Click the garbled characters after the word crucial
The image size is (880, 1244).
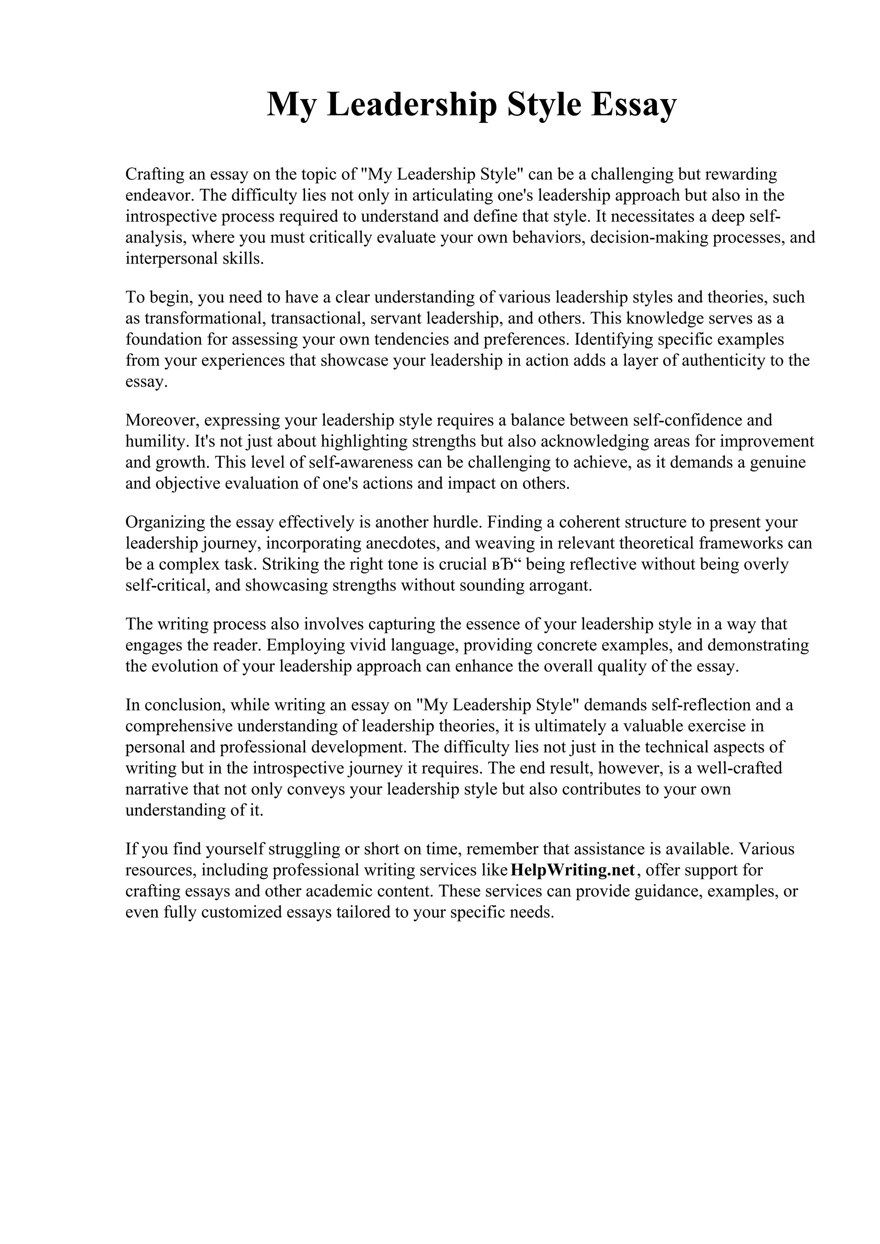tap(506, 564)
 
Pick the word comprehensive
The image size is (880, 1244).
tap(179, 725)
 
